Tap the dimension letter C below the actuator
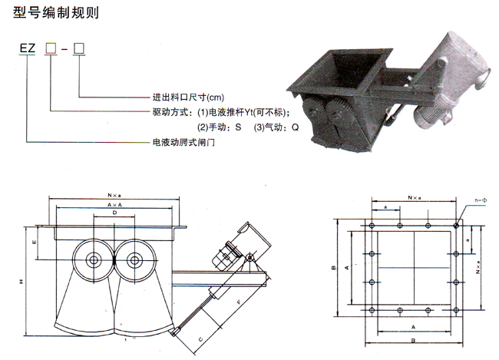click(200, 338)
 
